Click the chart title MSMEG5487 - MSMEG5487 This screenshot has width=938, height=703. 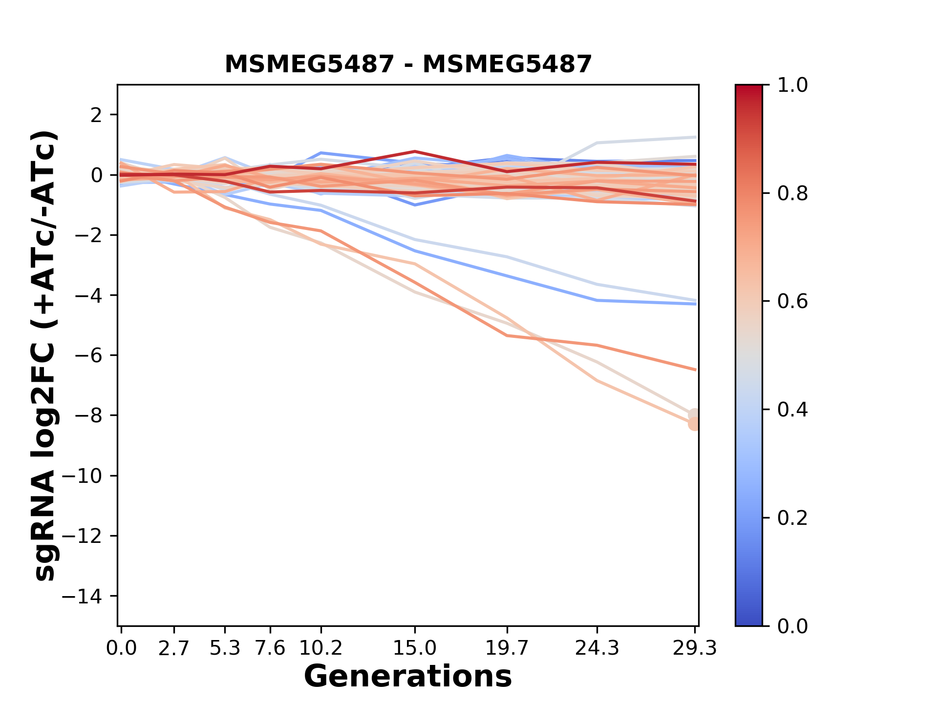tap(408, 64)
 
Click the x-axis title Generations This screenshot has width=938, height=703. tap(408, 677)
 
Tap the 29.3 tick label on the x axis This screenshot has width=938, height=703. tap(695, 648)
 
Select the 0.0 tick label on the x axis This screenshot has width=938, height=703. tap(121, 648)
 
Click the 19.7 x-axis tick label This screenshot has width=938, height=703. tap(508, 648)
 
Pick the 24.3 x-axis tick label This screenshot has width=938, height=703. tap(597, 648)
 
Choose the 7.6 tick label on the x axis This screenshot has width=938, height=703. tap(270, 648)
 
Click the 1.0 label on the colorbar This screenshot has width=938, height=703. tap(792, 85)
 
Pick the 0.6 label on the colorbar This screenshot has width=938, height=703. tap(792, 302)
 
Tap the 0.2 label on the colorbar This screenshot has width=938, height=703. tap(792, 518)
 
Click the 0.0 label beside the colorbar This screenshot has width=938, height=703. tap(792, 626)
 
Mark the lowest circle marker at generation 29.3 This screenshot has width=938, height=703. tap(694, 424)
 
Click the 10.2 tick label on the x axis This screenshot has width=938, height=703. tap(320, 648)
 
